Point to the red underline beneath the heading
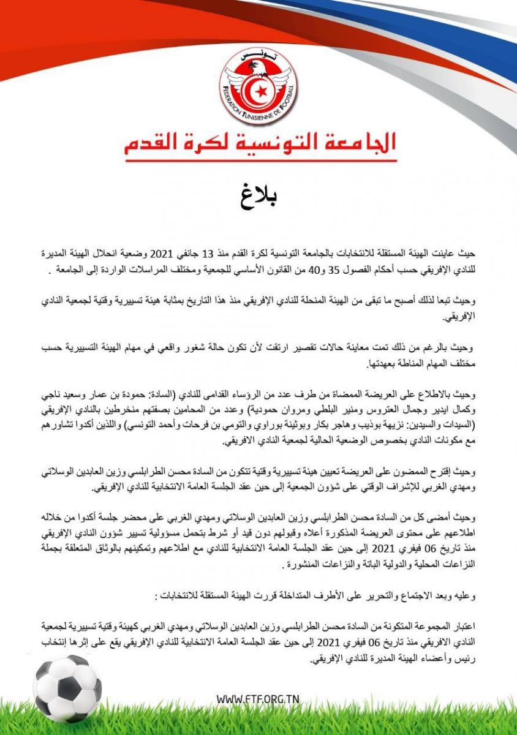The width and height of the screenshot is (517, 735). pyautogui.click(x=260, y=161)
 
